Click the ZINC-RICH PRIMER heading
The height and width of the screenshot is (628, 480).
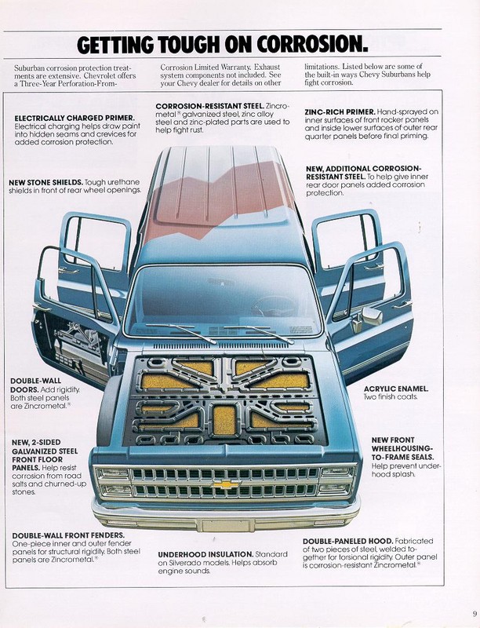pos(340,112)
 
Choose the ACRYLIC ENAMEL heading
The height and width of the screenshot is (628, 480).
pos(396,389)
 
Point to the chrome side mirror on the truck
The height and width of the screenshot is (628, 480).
pos(372,316)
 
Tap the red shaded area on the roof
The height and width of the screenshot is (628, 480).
pos(212,196)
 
